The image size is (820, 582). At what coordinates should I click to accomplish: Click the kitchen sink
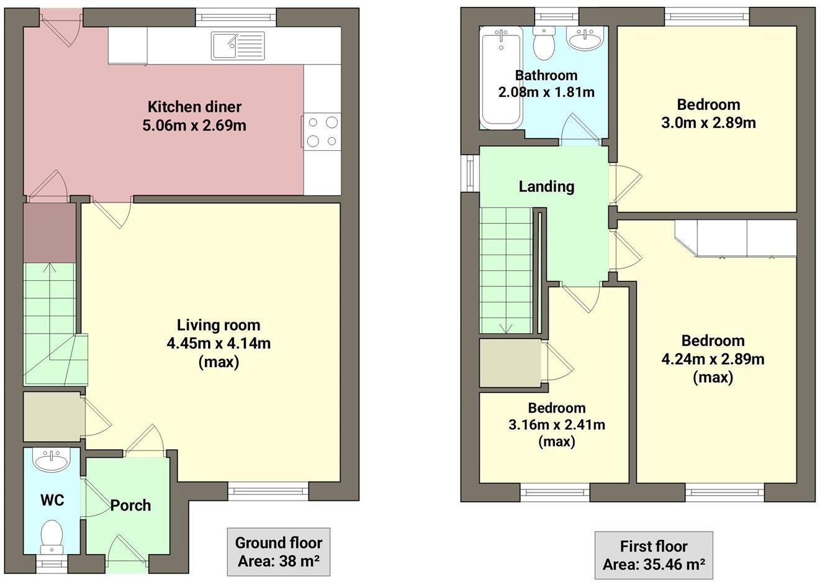point(238,46)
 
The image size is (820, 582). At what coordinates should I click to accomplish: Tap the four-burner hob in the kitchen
point(322,132)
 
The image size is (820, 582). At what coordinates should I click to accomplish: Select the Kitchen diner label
point(194,107)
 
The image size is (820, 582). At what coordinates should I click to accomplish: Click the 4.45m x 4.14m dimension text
point(219,343)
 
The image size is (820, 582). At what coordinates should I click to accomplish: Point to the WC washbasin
point(52,462)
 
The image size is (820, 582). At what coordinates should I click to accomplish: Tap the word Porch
point(130,506)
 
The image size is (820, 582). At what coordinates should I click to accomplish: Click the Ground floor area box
point(278,552)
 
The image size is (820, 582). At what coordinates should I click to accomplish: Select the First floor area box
point(654,555)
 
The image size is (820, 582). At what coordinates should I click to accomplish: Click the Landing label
point(546,186)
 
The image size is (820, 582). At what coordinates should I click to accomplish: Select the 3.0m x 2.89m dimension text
point(708,122)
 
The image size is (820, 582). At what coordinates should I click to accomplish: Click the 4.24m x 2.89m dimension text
point(713,359)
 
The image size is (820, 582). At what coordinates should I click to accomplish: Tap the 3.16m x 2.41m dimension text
point(557,425)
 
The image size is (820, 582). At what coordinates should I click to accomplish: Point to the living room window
point(268,491)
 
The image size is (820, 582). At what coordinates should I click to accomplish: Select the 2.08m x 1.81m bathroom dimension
point(546,93)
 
